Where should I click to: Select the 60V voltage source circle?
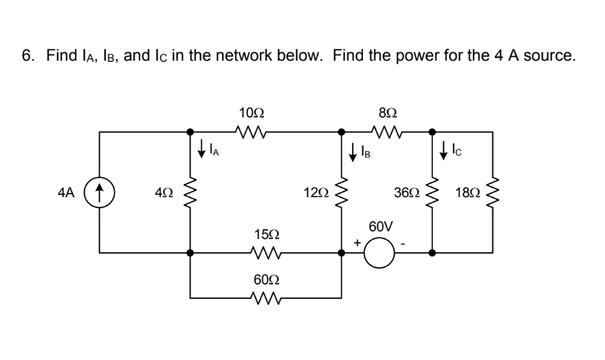[379, 252]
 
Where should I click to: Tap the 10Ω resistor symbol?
[248, 131]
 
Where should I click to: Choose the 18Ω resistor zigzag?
[493, 190]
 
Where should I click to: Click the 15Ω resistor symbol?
[265, 252]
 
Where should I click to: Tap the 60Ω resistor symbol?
[265, 297]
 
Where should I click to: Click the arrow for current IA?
[201, 148]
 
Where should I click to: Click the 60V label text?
[380, 227]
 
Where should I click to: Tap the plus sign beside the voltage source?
[357, 243]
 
